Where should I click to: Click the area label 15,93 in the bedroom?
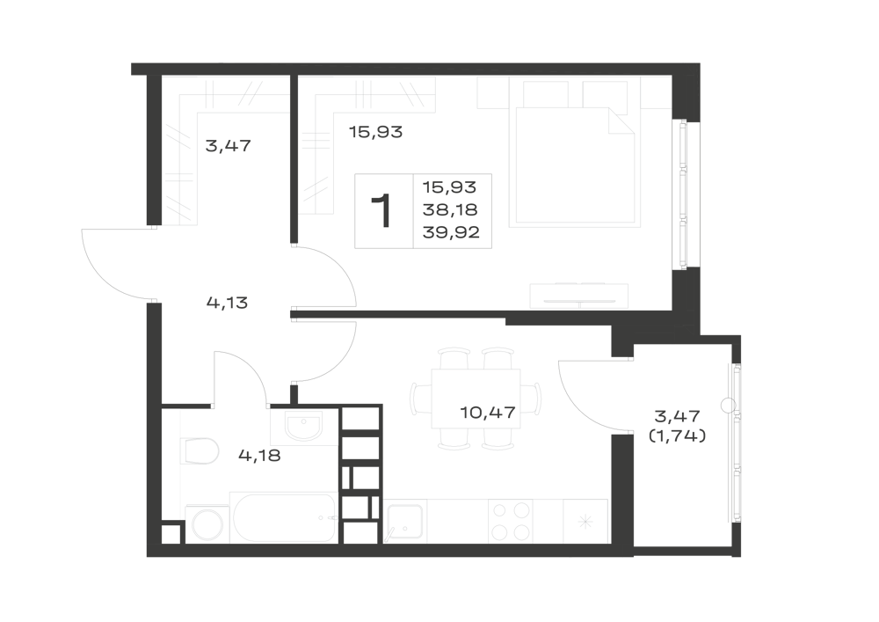375,132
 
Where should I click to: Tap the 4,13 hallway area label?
227,304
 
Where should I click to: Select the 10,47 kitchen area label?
488,413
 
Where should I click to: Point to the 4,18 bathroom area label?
259,456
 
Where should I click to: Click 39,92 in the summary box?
451,232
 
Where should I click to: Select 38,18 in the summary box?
450,209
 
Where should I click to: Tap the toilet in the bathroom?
200,451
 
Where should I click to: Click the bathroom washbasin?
303,427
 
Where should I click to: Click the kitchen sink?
404,522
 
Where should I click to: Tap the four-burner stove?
510,521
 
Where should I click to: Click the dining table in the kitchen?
476,399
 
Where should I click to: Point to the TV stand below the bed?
579,296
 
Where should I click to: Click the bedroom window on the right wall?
683,194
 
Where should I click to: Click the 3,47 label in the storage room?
229,146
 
